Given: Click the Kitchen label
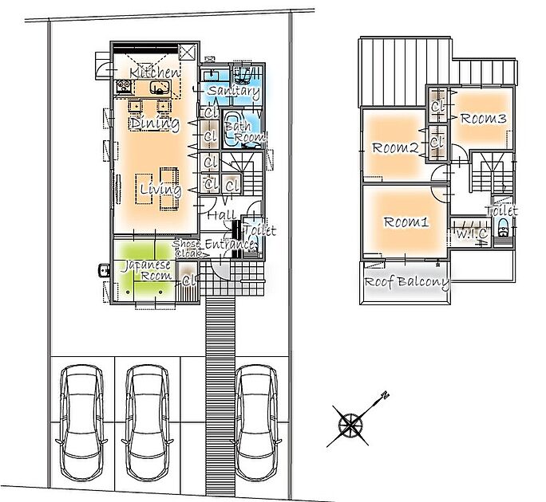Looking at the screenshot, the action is (x=155, y=73).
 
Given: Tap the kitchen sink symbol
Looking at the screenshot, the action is (x=160, y=88).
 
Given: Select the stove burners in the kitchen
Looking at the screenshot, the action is (x=124, y=86).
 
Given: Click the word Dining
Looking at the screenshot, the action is (x=155, y=124).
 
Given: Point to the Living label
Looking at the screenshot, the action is (x=160, y=190).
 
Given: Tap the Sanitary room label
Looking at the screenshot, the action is (x=234, y=91).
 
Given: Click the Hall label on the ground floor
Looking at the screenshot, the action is (x=221, y=215).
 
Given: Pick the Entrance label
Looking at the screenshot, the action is (x=229, y=244).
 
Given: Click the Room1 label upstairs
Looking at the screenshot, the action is (x=406, y=222).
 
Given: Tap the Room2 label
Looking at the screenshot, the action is (x=395, y=148).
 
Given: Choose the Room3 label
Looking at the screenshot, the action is (x=483, y=119).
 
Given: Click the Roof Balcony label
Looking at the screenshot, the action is (x=407, y=282).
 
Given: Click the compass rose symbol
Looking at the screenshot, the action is (x=350, y=425).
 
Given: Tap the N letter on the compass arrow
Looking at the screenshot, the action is (x=385, y=395).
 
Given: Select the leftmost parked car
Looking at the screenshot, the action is (x=82, y=422).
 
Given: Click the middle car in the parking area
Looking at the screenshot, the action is (x=148, y=422).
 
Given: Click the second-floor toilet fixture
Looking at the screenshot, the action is (x=502, y=228).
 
